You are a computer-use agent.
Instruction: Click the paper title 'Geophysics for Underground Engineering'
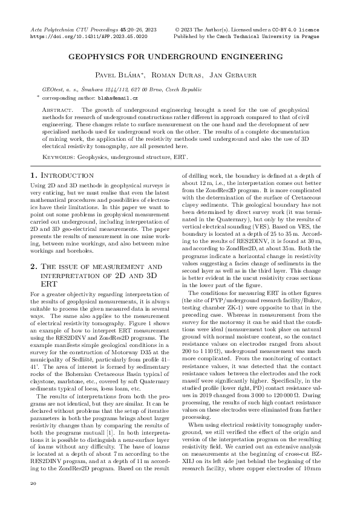point(180,56)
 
